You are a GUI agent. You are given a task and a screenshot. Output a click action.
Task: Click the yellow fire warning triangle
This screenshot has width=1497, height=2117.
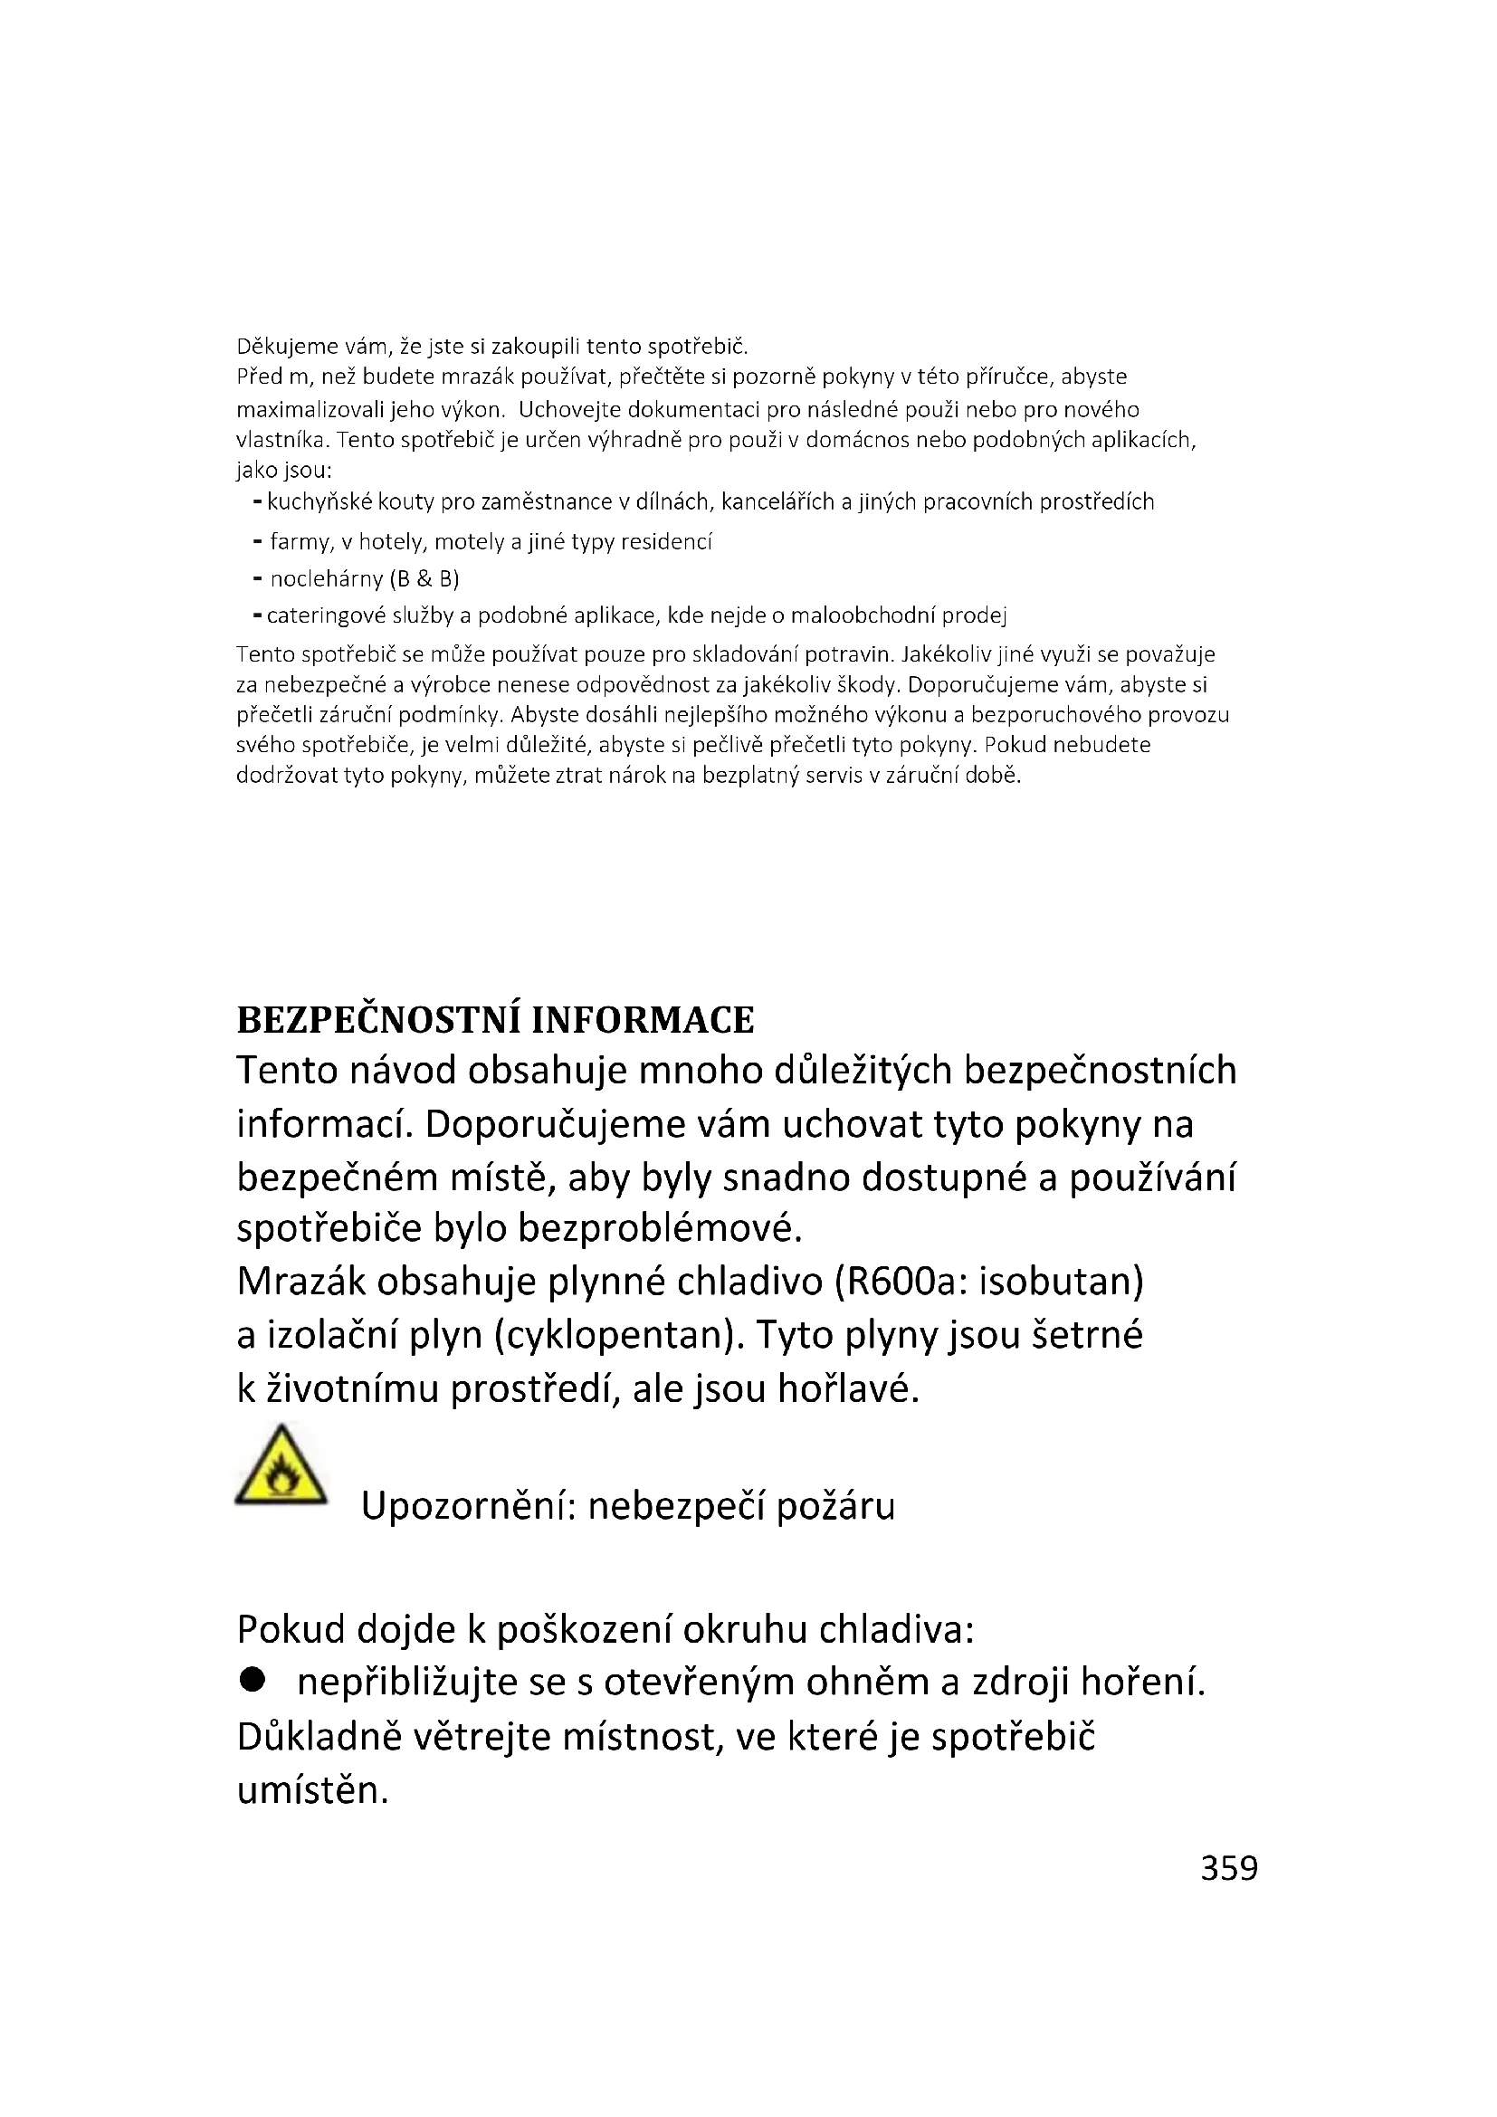[281, 1467]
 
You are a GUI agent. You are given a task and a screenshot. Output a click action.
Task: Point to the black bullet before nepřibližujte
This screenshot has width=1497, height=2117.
[251, 1681]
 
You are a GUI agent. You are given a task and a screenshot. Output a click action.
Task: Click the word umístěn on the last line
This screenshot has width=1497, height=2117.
[312, 1790]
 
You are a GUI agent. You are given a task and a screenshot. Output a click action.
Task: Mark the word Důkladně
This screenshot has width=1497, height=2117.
[319, 1737]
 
